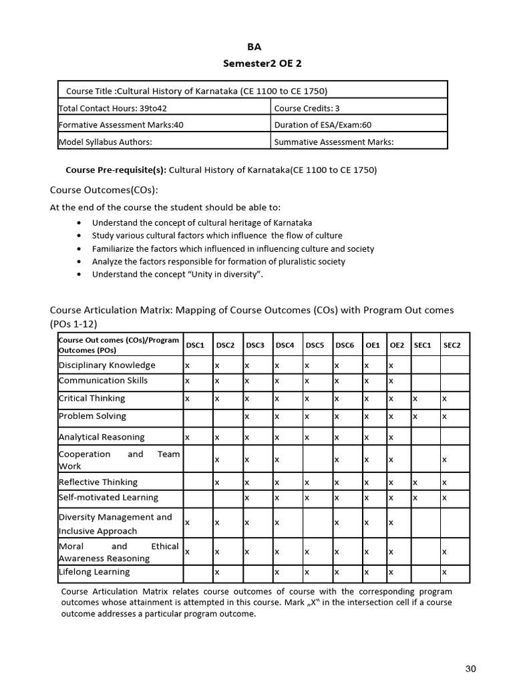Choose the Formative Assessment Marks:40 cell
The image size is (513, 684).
coord(121,124)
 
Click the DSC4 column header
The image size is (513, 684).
coord(285,345)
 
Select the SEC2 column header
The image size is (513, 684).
coord(452,345)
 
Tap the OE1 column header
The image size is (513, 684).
coord(372,345)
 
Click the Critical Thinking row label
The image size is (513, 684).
coord(92,398)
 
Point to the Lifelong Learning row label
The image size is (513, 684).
coord(94,572)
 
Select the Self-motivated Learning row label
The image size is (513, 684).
coord(108,498)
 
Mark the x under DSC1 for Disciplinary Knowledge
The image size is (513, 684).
coord(188,365)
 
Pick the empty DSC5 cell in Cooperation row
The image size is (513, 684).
coord(317,460)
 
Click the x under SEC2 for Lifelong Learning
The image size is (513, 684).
coord(444,572)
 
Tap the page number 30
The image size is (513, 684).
coord(470,669)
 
